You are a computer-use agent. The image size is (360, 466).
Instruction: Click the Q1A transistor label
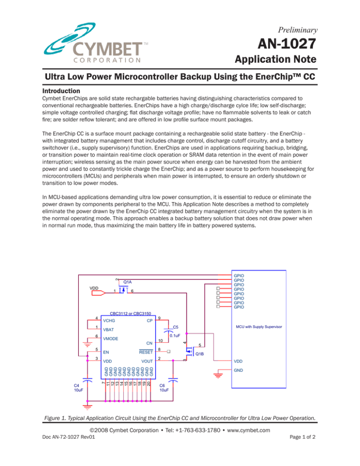(x=127, y=282)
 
